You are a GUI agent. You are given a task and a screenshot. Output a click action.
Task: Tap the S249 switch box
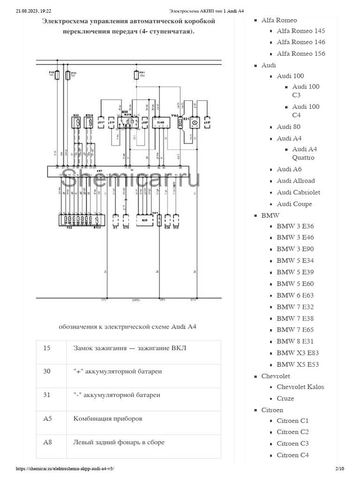pyautogui.click(x=161, y=122)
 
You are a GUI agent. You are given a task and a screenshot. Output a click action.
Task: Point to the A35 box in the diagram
pyautogui.click(x=145, y=220)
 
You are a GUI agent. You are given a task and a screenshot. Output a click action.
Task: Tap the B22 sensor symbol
pyautogui.click(x=76, y=123)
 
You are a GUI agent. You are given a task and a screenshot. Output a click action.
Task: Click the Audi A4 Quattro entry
pyautogui.click(x=304, y=153)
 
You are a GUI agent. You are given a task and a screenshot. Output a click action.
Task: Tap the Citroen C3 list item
pyautogui.click(x=292, y=443)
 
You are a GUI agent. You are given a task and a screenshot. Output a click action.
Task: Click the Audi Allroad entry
pyautogui.click(x=295, y=180)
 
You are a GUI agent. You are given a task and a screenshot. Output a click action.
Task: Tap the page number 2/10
pyautogui.click(x=340, y=469)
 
